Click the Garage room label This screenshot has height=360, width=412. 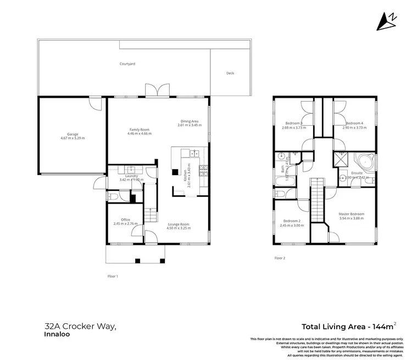(72, 133)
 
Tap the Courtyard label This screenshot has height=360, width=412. (127, 64)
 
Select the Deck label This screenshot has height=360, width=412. (230, 73)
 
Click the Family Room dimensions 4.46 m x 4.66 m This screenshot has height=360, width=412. (138, 134)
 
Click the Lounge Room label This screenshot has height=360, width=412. (179, 224)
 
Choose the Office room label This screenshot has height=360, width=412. (125, 220)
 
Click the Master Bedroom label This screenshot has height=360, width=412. (351, 213)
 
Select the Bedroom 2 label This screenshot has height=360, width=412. (291, 221)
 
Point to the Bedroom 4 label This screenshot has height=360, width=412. (354, 123)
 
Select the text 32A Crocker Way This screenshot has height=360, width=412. (80, 326)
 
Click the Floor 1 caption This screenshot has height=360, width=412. (113, 277)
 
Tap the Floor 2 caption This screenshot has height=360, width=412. (280, 257)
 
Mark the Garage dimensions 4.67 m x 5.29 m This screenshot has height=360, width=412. (72, 138)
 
